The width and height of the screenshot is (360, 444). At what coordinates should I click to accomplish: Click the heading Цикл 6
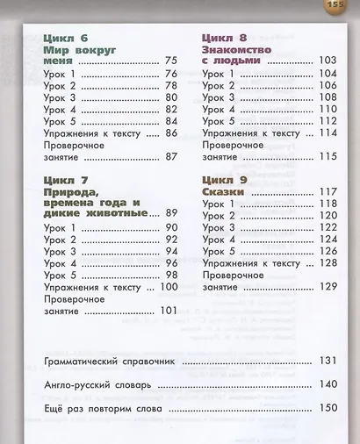[65, 38]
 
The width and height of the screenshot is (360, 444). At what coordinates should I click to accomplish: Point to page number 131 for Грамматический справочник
[328, 361]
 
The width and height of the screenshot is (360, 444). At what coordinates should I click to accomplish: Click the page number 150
[328, 408]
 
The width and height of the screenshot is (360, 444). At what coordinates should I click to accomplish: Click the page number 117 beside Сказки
[328, 190]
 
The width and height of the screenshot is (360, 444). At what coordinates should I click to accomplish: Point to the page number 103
[328, 61]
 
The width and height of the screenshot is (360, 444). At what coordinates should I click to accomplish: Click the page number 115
[328, 156]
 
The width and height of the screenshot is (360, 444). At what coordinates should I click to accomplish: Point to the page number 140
[328, 384]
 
